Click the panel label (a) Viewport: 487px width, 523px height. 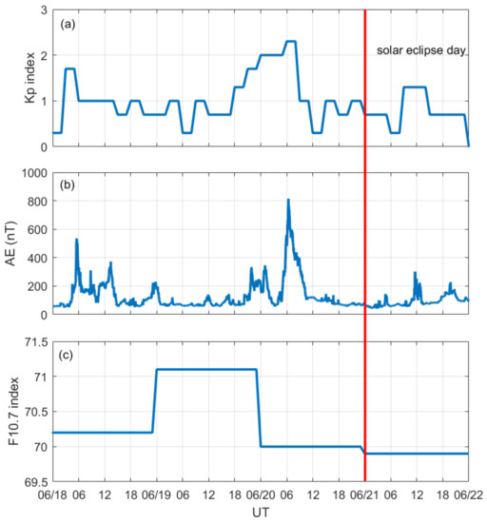68,23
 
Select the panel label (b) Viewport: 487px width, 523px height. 68,185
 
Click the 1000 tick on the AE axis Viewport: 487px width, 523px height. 31,173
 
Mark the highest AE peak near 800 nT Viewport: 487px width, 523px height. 288,200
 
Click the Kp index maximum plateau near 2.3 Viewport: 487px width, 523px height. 291,42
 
